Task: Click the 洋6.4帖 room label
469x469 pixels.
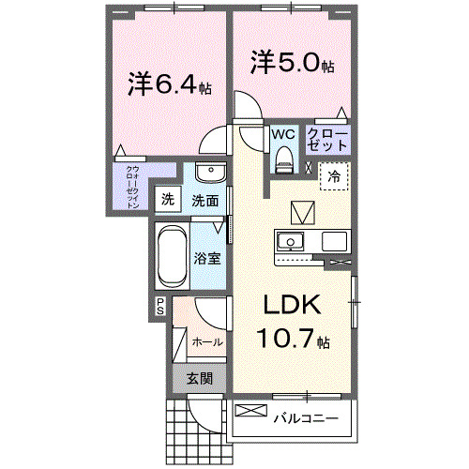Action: tap(169, 85)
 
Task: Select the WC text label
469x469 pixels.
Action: tap(283, 134)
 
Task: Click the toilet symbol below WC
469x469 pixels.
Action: tap(283, 162)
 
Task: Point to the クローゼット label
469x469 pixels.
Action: tap(329, 141)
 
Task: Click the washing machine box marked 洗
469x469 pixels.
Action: tap(167, 199)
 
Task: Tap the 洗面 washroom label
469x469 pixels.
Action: tap(205, 200)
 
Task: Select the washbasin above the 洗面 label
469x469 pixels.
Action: tap(211, 176)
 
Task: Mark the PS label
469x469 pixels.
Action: tap(160, 304)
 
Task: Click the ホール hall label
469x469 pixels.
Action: tap(207, 342)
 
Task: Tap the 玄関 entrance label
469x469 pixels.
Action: tap(198, 378)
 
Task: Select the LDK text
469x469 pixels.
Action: tap(291, 306)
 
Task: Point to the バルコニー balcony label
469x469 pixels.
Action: tap(306, 418)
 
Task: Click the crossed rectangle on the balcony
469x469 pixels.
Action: tap(250, 411)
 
